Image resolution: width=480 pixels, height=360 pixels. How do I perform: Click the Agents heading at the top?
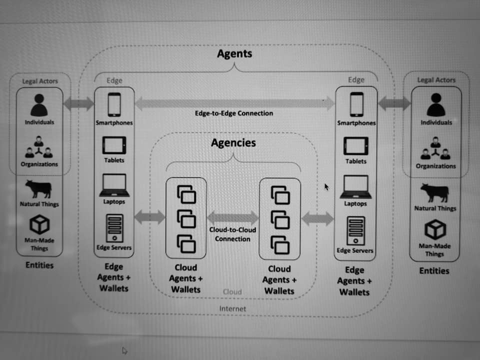[234, 53]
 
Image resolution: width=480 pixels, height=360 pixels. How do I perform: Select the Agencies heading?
[233, 143]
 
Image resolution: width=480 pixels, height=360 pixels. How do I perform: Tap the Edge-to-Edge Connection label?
[234, 113]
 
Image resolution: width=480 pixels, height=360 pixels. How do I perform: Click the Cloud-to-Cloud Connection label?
[232, 234]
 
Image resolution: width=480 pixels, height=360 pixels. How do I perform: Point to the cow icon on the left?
[39, 189]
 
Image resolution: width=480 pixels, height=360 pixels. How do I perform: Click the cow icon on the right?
[434, 192]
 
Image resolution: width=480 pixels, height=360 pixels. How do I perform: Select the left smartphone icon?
[114, 105]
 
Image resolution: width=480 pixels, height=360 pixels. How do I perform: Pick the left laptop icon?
[114, 185]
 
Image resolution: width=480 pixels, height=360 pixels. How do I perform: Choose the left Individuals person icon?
[38, 105]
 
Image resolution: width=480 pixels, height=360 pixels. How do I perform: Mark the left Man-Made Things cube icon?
[39, 224]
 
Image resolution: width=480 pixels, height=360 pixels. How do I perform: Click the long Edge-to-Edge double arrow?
[234, 103]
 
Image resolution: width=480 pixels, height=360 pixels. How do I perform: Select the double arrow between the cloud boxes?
[232, 217]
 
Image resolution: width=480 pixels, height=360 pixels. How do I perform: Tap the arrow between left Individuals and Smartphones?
[79, 104]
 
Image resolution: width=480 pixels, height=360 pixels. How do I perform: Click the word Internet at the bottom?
[232, 309]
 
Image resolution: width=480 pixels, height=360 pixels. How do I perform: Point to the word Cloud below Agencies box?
[232, 291]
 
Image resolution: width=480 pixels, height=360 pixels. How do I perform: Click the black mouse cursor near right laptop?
[326, 187]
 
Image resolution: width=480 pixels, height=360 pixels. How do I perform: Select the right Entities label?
[434, 271]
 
